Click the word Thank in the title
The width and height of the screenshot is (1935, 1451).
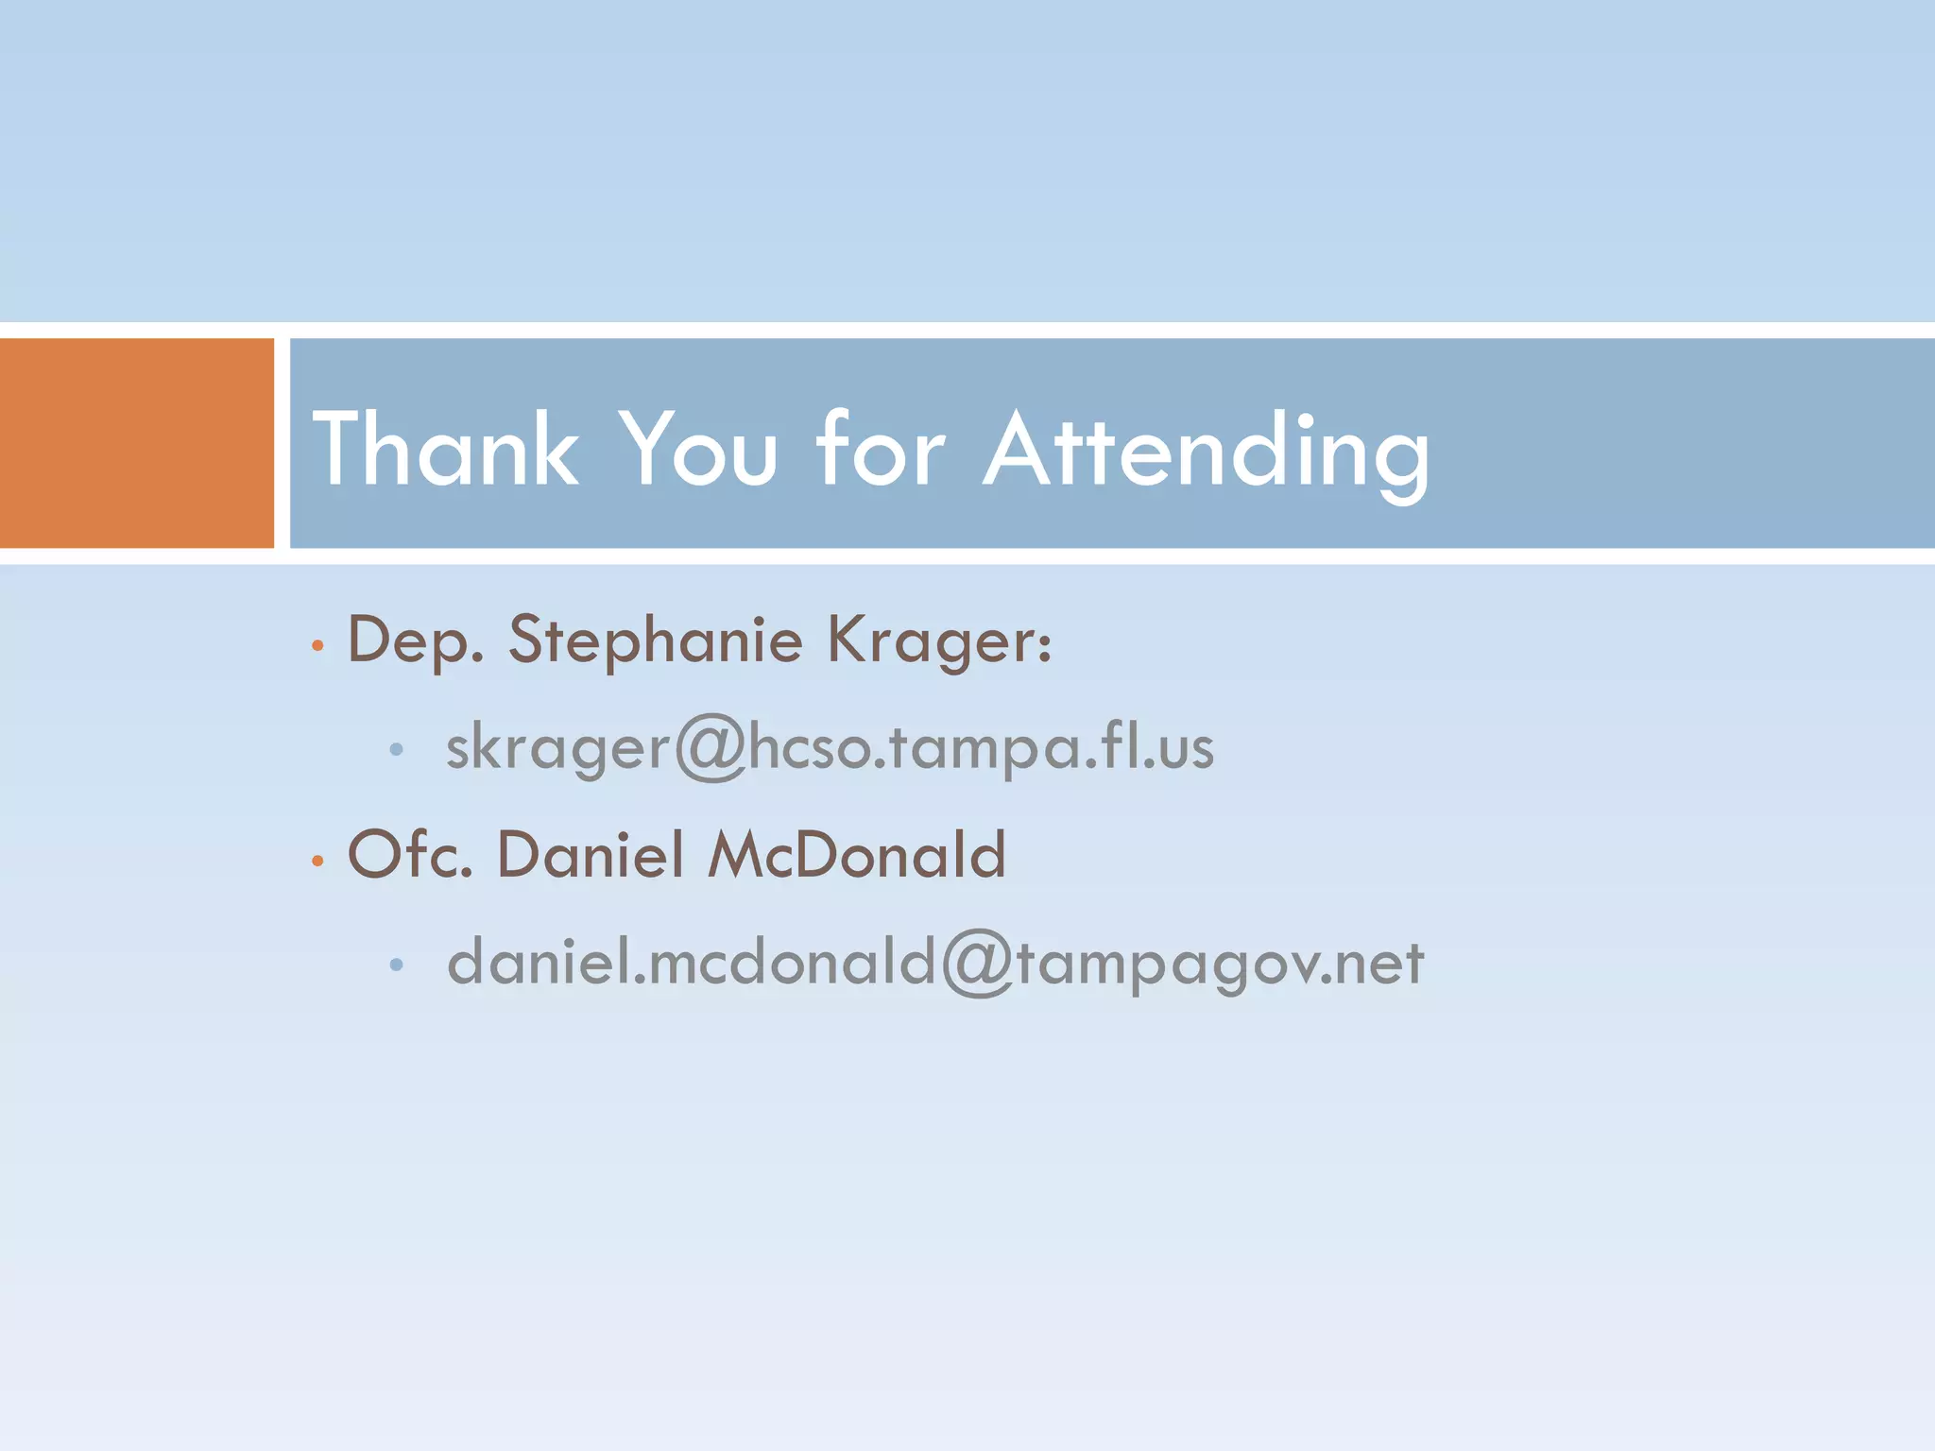(445, 450)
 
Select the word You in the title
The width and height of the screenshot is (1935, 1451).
(698, 450)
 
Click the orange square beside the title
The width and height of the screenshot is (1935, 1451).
(136, 443)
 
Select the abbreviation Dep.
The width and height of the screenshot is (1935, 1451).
(416, 641)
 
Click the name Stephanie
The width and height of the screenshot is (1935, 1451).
(656, 641)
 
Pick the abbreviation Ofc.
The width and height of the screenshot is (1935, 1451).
(410, 855)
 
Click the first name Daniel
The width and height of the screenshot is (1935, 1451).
(591, 855)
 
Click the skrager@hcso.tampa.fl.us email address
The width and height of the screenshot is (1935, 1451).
(830, 748)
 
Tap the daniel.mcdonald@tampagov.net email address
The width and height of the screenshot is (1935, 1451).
(934, 963)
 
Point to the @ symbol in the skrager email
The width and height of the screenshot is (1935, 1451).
(710, 748)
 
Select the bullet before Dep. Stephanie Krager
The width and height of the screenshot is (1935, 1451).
(317, 647)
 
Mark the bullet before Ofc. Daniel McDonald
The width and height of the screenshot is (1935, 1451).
(317, 861)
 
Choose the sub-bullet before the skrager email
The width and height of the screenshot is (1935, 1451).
(397, 750)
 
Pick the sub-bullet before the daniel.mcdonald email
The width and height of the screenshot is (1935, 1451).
(397, 964)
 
